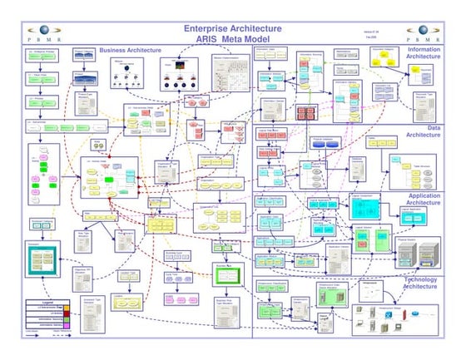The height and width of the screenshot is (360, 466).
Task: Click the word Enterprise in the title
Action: pyautogui.click(x=208, y=30)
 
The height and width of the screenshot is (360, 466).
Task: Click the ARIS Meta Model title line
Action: pyautogui.click(x=232, y=41)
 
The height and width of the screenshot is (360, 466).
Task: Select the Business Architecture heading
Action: pyautogui.click(x=130, y=51)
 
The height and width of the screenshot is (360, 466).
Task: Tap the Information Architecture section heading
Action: pyautogui.click(x=424, y=53)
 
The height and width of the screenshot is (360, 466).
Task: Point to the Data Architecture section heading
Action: pyautogui.click(x=424, y=131)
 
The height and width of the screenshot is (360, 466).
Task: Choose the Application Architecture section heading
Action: pyautogui.click(x=424, y=199)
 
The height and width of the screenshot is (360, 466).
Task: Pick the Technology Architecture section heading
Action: pyautogui.click(x=422, y=283)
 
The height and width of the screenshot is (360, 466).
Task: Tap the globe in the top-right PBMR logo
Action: pyautogui.click(x=424, y=30)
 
